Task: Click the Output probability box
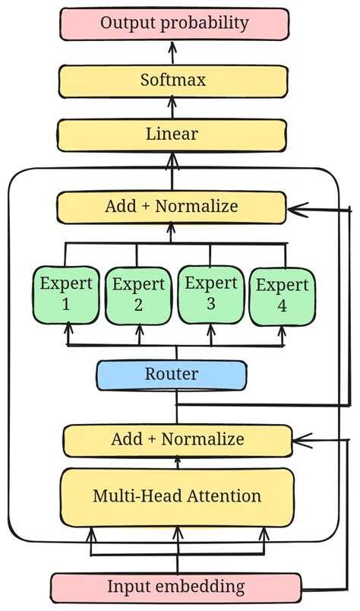tap(174, 23)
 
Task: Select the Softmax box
tap(173, 79)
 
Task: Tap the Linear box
tap(172, 135)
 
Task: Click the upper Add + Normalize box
tap(171, 206)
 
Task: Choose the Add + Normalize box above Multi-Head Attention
tap(177, 439)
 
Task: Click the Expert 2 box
tap(138, 295)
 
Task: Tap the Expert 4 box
tap(282, 296)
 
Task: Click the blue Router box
tap(172, 374)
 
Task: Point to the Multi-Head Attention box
tap(177, 496)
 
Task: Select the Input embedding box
tap(175, 587)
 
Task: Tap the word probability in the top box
tap(207, 23)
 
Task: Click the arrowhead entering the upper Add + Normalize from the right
tap(295, 207)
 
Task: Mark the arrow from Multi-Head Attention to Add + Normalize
tap(178, 461)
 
